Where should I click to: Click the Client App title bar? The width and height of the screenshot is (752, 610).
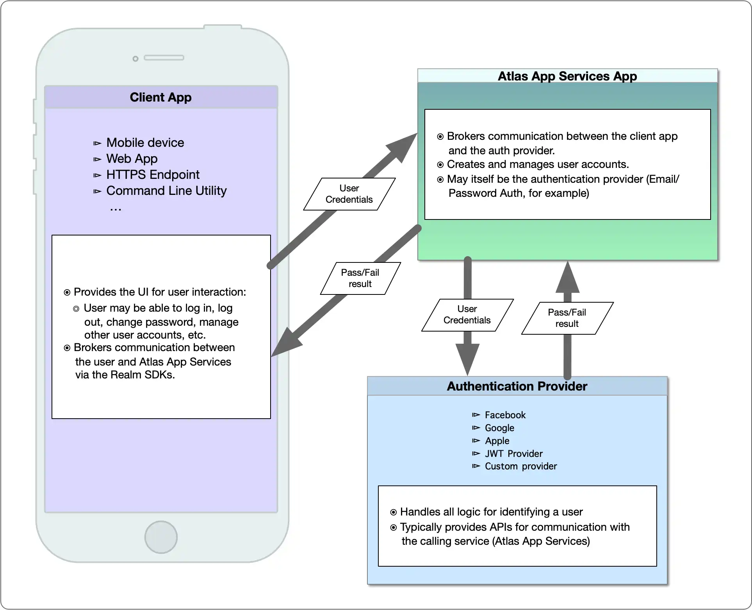tap(161, 97)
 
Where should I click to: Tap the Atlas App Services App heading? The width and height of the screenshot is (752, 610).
tap(567, 76)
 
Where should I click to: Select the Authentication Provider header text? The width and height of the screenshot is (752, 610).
tap(517, 386)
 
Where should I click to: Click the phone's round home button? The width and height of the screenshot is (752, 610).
tap(161, 537)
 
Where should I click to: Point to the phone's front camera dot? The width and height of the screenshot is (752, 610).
tap(135, 59)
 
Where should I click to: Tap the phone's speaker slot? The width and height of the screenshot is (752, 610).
tap(164, 58)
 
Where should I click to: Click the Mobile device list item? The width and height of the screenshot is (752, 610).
tap(145, 143)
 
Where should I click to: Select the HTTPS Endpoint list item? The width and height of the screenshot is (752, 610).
tap(153, 175)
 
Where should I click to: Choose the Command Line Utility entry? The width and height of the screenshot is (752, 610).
tap(166, 191)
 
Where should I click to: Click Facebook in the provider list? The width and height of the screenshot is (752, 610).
tap(505, 415)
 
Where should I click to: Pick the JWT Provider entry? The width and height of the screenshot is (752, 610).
tap(513, 453)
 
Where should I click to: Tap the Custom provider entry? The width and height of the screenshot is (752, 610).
tap(520, 466)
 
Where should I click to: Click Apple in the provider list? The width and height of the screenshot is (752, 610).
tap(497, 441)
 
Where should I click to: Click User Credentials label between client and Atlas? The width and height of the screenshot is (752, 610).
tap(349, 194)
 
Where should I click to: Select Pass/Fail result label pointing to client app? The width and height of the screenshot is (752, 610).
tap(360, 278)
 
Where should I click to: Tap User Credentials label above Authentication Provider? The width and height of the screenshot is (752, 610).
tap(467, 315)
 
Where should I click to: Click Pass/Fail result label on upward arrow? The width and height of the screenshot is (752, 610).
tap(567, 318)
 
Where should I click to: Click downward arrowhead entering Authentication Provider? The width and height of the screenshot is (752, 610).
tap(467, 359)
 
